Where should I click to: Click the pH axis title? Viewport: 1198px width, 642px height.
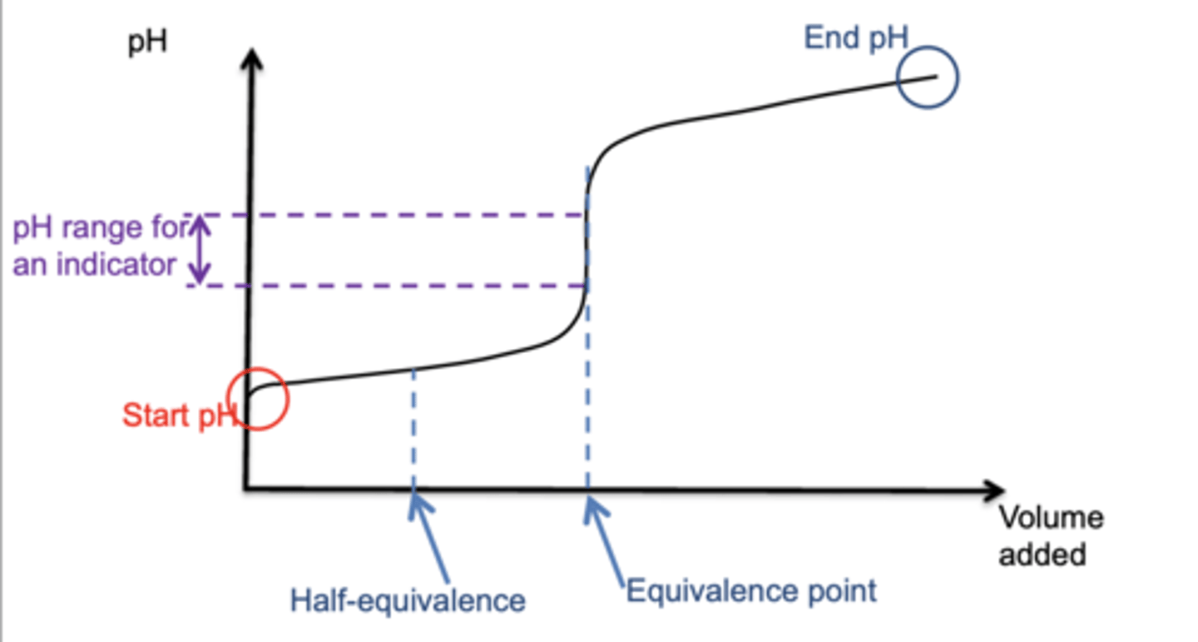(147, 42)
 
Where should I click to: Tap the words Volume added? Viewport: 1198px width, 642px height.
(1051, 536)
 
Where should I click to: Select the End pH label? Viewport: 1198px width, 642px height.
(856, 38)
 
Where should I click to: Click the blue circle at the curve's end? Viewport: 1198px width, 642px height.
(898, 77)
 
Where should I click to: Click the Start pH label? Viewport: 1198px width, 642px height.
(180, 416)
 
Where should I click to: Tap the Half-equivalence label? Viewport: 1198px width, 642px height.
(408, 600)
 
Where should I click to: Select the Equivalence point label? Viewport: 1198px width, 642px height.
(751, 592)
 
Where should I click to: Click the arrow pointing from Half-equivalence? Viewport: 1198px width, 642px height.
(428, 537)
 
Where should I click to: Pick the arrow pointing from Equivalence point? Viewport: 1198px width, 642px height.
(604, 540)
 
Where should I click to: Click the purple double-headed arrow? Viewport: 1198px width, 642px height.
(200, 249)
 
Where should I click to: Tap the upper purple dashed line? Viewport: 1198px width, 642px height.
(386, 216)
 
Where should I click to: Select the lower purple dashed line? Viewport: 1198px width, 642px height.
(386, 286)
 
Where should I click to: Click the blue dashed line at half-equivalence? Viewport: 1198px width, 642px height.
(413, 428)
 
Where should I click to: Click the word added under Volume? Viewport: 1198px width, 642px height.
(1042, 555)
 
